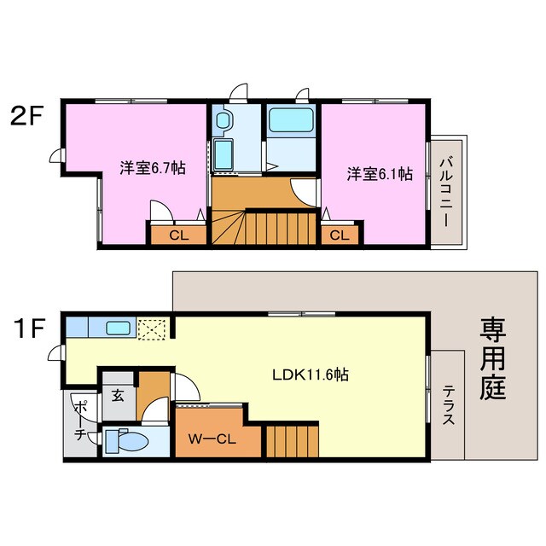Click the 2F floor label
pyautogui.click(x=26, y=116)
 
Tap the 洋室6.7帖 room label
pyautogui.click(x=151, y=168)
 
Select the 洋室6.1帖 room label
pyautogui.click(x=379, y=174)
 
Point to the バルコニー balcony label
pyautogui.click(x=445, y=191)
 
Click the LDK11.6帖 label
pyautogui.click(x=309, y=374)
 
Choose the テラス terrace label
pyautogui.click(x=449, y=406)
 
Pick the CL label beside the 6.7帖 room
pyautogui.click(x=178, y=235)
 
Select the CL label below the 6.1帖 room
pyautogui.click(x=339, y=235)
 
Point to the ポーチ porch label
pyautogui.click(x=79, y=420)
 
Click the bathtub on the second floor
pyautogui.click(x=292, y=119)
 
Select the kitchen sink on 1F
pyautogui.click(x=117, y=328)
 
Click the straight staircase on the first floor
pyautogui.click(x=291, y=441)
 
